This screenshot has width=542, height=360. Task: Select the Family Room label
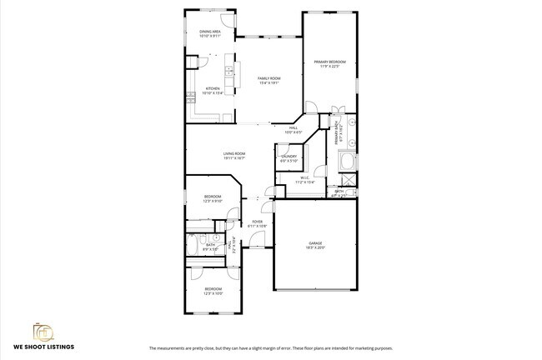[268, 78]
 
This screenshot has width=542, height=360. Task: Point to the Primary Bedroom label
[329, 62]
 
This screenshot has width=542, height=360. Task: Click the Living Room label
[233, 153]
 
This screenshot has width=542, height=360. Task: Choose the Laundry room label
[289, 156]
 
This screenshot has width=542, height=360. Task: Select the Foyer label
[258, 222]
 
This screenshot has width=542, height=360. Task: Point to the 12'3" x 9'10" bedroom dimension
[213, 201]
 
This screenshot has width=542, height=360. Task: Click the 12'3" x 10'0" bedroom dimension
[213, 293]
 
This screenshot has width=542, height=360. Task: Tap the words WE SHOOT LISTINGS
[43, 346]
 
